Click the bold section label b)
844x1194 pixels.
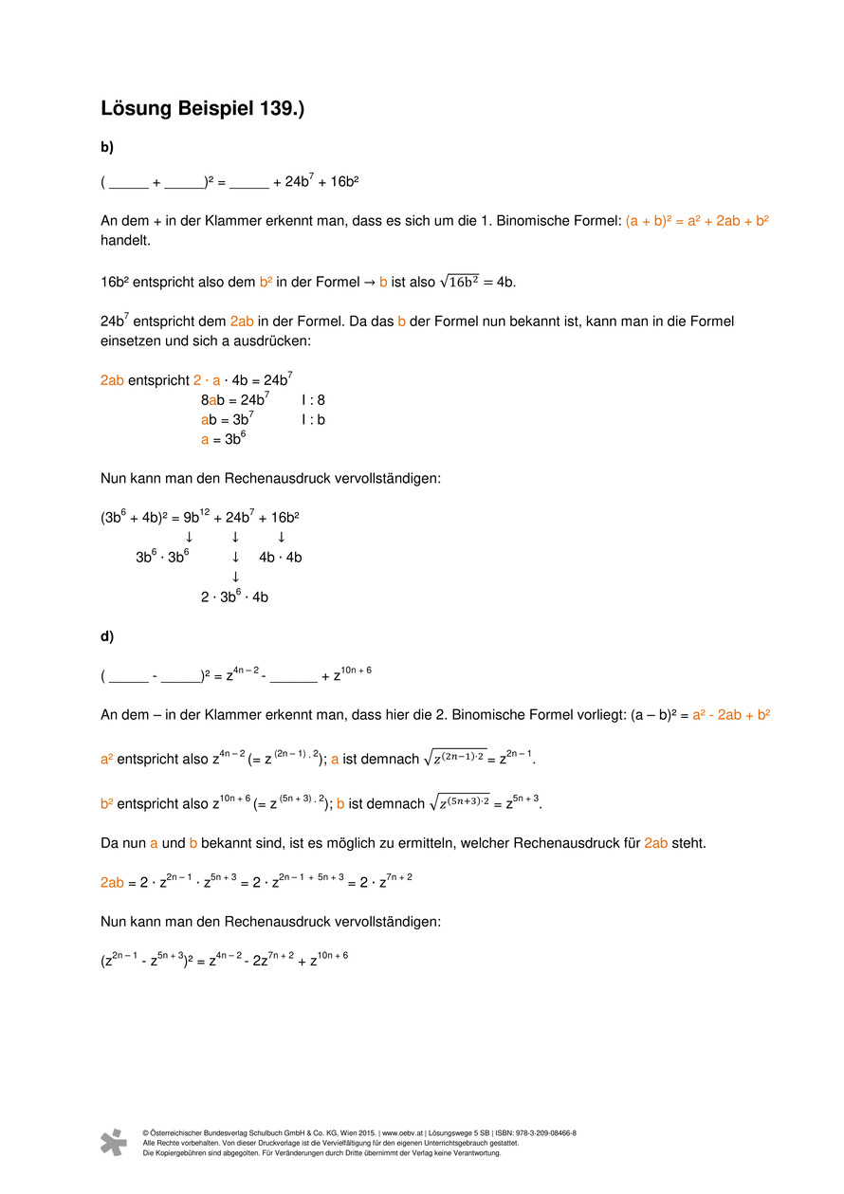(107, 147)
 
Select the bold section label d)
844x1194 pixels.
(107, 636)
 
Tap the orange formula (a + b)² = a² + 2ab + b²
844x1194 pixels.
(697, 221)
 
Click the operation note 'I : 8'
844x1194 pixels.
(313, 400)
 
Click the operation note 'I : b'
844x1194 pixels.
(313, 419)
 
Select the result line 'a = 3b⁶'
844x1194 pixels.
(221, 439)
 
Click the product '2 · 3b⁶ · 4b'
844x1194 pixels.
(234, 597)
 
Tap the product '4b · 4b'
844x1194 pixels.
(280, 558)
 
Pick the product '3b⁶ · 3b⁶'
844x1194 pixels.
(162, 558)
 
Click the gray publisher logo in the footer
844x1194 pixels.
(114, 1142)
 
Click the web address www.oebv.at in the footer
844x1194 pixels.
(402, 1133)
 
